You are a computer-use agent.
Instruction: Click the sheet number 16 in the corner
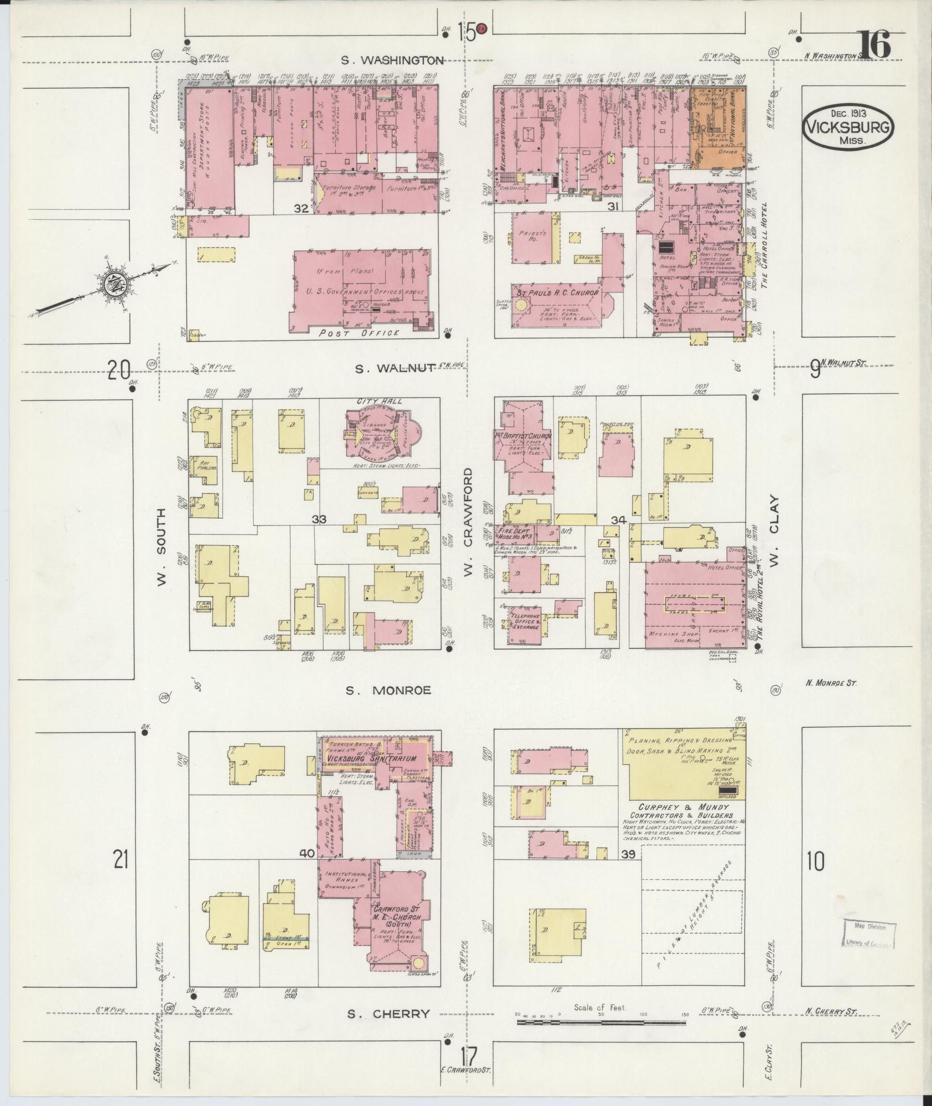pos(875,45)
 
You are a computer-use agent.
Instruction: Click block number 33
pos(319,519)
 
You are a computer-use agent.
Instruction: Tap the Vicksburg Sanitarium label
pos(371,758)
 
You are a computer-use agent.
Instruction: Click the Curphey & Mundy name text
pos(684,807)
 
